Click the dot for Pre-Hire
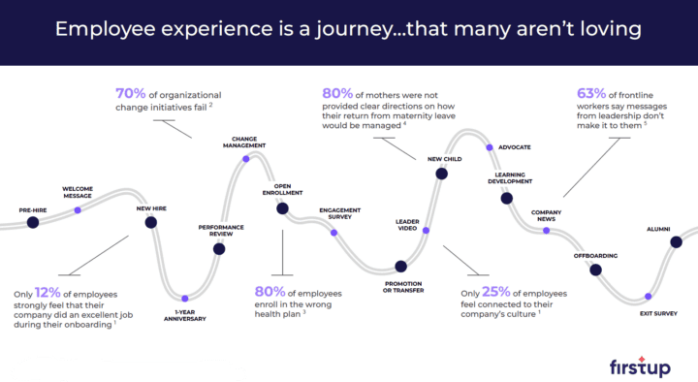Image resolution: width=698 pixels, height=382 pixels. click(33, 222)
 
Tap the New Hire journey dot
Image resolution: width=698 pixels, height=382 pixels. click(150, 222)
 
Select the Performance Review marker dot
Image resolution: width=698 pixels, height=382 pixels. click(219, 249)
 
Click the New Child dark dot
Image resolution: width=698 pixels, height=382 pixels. click(441, 174)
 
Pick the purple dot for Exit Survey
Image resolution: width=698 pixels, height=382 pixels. click(650, 296)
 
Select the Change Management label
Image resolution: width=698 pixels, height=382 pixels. click(243, 141)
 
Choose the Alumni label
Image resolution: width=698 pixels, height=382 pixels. click(658, 230)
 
